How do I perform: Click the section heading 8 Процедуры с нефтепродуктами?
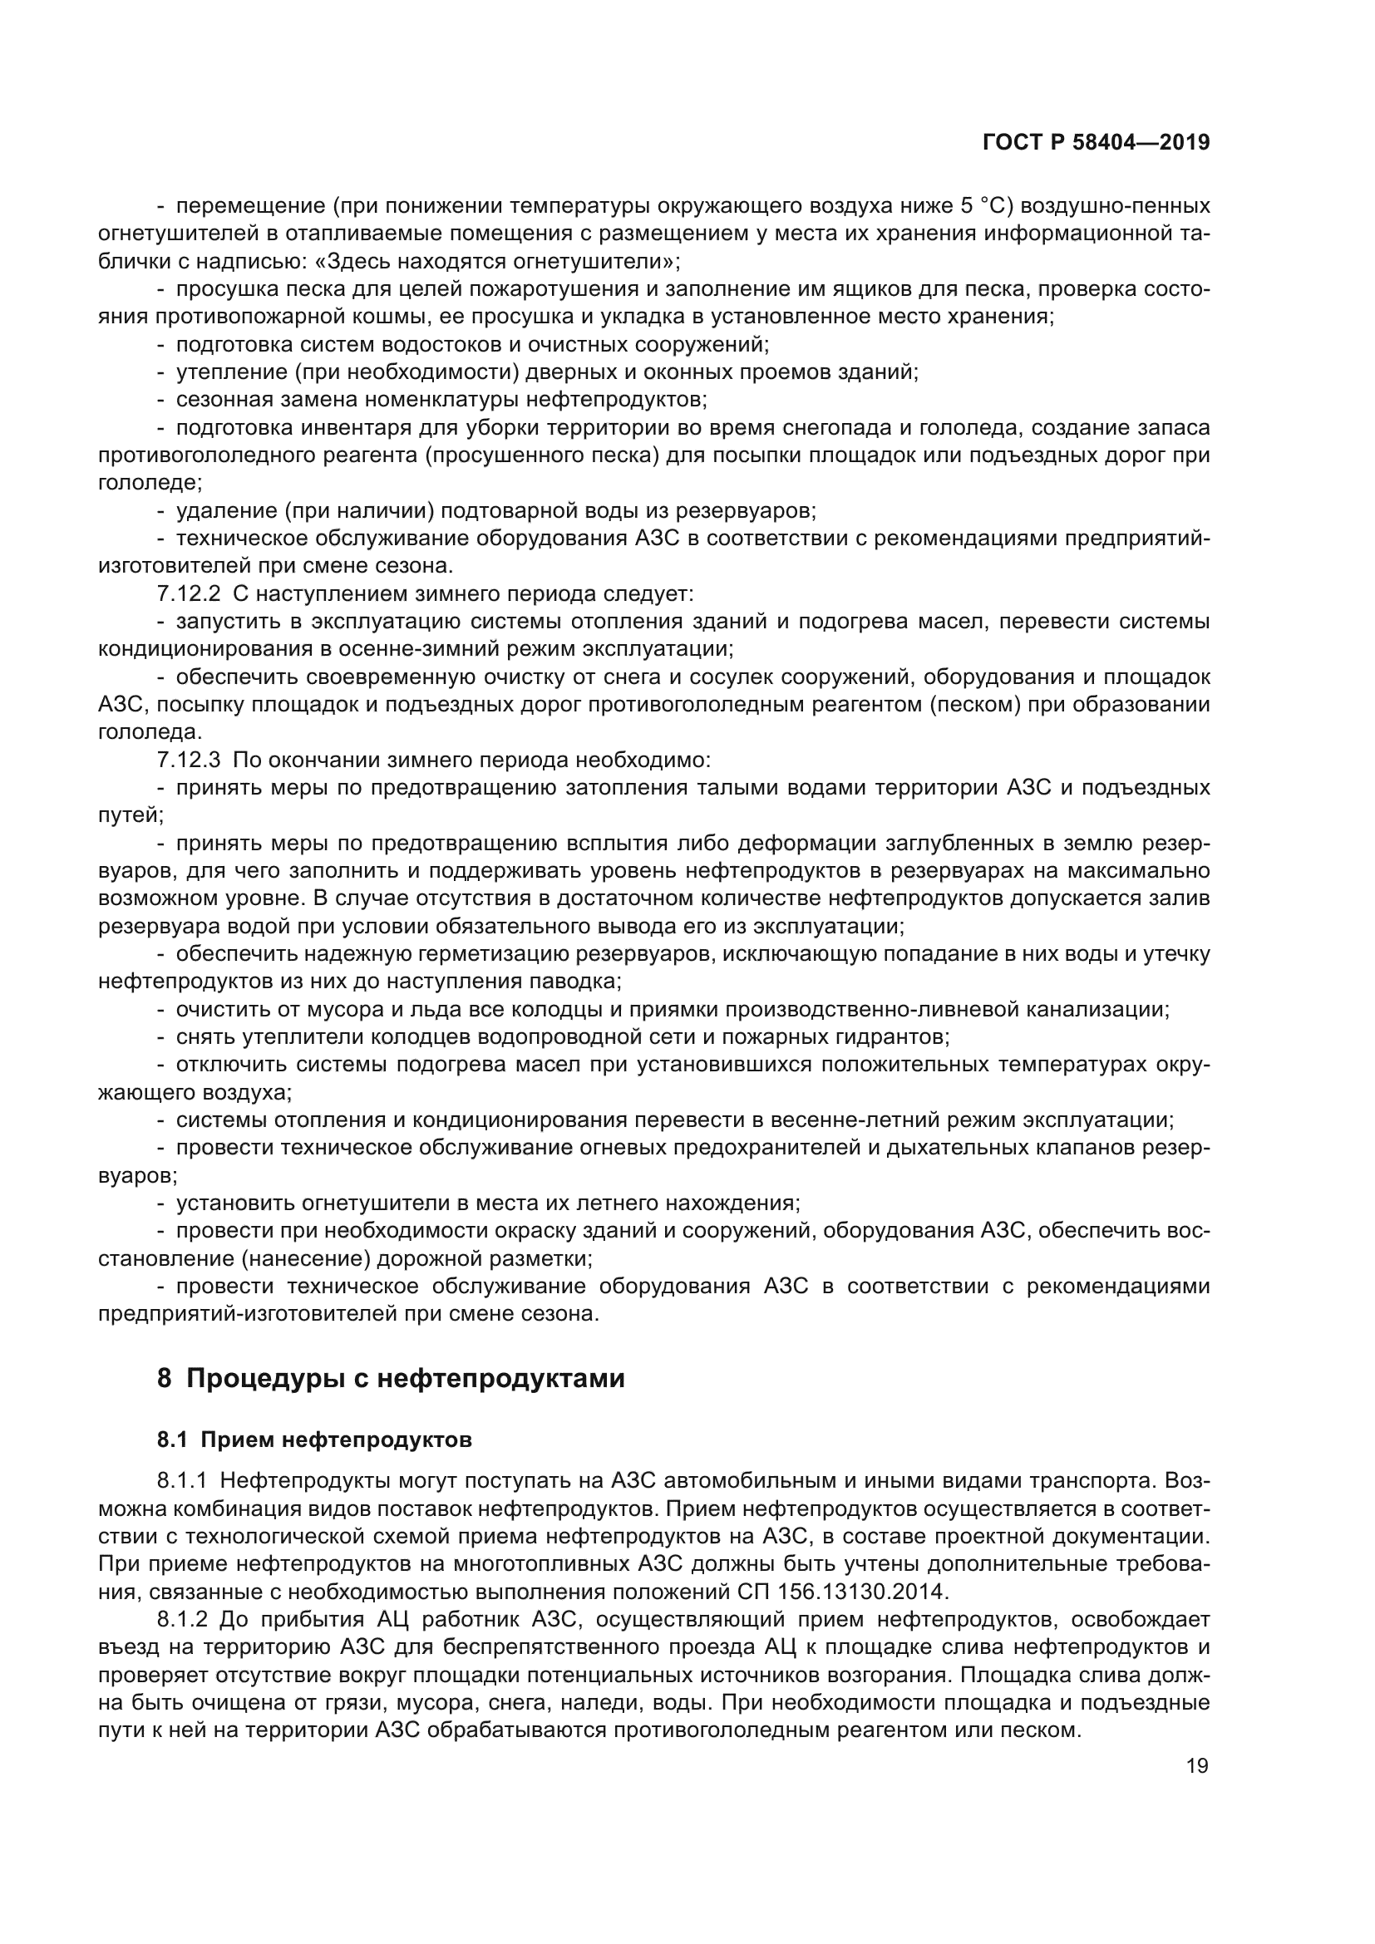coord(392,1378)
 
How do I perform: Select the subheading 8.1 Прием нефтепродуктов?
coord(315,1440)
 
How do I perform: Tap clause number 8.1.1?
coord(182,1481)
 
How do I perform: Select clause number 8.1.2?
coord(182,1620)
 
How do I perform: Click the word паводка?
coord(577,982)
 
